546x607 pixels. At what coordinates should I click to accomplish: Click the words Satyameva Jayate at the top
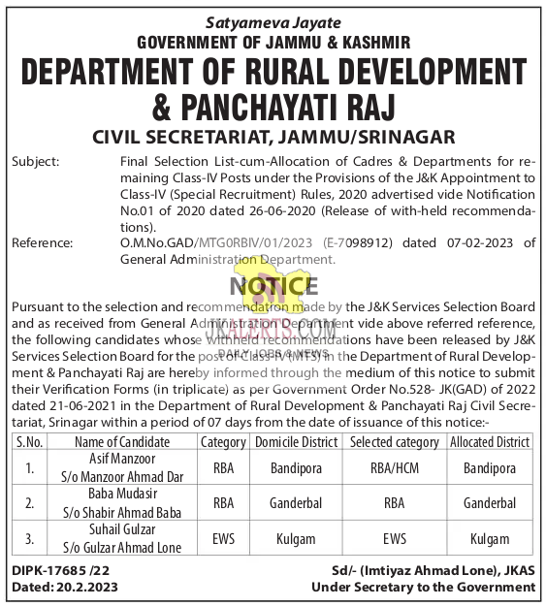[x=273, y=21]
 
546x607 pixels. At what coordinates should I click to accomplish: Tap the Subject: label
[x=36, y=161]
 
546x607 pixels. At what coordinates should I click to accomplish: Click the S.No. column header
[x=31, y=442]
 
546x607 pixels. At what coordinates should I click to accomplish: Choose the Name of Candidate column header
[x=122, y=442]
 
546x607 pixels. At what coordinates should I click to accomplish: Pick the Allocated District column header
[x=490, y=442]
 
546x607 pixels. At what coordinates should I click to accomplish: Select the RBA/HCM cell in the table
[x=394, y=469]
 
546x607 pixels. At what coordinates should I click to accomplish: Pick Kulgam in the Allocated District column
[x=490, y=539]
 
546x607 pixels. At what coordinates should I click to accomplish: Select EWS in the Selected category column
[x=394, y=539]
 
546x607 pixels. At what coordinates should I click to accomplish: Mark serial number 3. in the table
[x=31, y=539]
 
